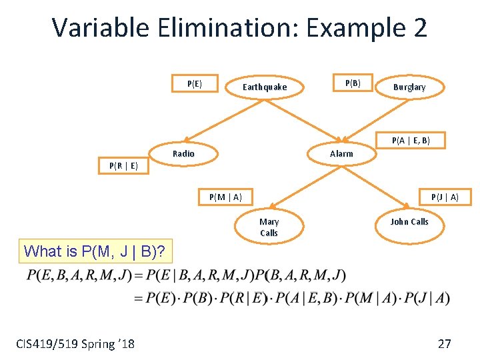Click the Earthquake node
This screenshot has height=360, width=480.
265,87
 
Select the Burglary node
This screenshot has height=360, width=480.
409,87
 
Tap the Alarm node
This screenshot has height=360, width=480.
341,153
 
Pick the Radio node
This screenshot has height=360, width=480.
183,153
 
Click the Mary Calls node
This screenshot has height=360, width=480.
269,227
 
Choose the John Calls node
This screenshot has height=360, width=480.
409,221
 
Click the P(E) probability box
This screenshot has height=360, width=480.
195,83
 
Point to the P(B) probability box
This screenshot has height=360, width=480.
353,83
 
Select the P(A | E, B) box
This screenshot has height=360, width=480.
411,140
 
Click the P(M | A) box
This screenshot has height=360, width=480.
225,197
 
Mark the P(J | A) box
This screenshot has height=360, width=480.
445,197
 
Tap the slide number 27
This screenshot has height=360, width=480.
444,344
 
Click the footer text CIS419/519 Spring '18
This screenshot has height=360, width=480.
75,344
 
